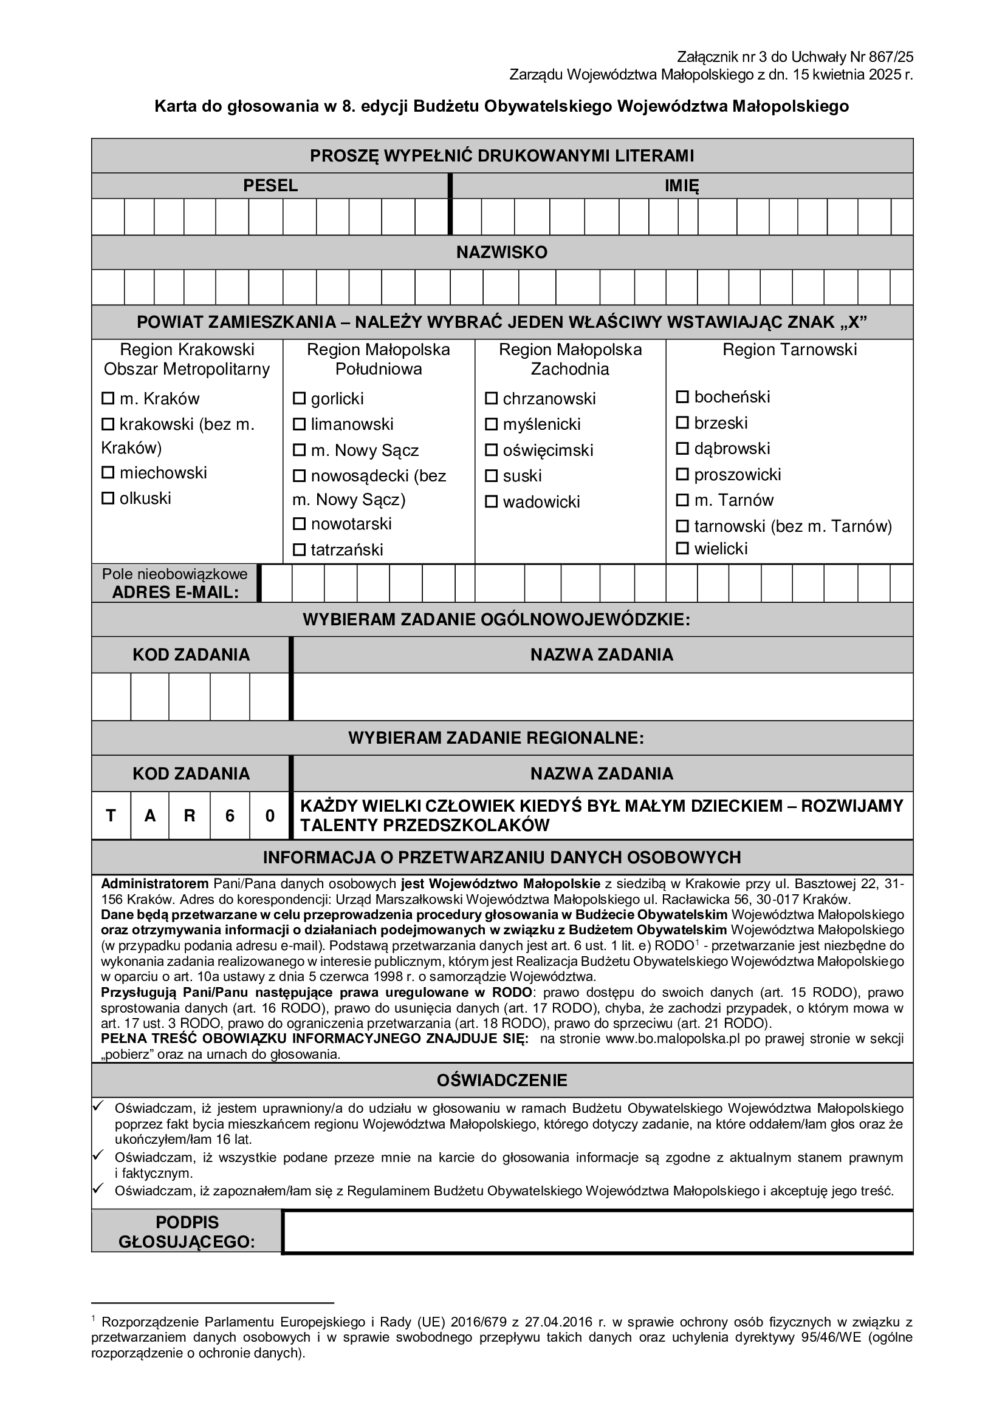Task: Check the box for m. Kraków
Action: click(108, 398)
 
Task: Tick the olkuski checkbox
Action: click(108, 498)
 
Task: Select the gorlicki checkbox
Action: click(299, 398)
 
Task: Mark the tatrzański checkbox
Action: click(299, 549)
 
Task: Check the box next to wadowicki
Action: click(492, 501)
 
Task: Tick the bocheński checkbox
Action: click(682, 396)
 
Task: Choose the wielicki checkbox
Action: click(682, 548)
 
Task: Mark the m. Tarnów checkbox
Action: click(682, 500)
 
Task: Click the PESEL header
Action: click(270, 186)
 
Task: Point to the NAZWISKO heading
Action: click(502, 253)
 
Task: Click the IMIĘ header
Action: click(681, 186)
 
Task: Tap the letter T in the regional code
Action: click(111, 816)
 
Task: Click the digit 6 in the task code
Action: click(230, 816)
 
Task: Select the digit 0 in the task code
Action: click(270, 816)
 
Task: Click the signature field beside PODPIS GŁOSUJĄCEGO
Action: click(597, 1231)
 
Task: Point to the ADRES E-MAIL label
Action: click(175, 593)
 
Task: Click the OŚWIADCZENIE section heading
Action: click(502, 1081)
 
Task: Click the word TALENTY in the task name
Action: click(339, 825)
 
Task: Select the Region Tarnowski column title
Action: click(789, 350)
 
